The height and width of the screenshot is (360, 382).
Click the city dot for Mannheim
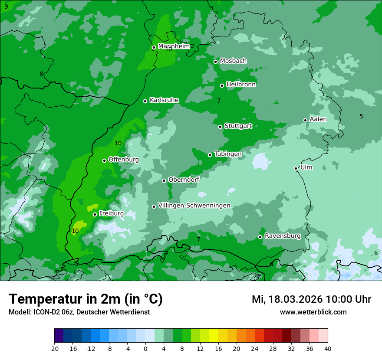click(x=154, y=48)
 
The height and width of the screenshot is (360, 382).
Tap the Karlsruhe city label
click(x=164, y=100)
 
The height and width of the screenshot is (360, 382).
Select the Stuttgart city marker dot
click(x=221, y=127)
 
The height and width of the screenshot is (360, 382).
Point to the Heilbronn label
click(x=241, y=85)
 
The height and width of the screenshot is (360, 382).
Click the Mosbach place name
click(x=233, y=61)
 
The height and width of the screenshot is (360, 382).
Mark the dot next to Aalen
click(x=306, y=120)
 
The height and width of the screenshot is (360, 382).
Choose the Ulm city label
click(x=306, y=167)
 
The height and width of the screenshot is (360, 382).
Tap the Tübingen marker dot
click(x=210, y=155)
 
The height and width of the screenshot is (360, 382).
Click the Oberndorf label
click(x=184, y=180)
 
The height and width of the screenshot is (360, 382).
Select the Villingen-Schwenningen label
click(x=194, y=206)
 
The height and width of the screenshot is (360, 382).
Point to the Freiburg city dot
click(x=95, y=214)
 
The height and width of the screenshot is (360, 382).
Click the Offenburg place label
click(x=124, y=160)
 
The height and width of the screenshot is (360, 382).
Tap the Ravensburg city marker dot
click(x=260, y=237)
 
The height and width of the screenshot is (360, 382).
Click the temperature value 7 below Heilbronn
click(x=219, y=101)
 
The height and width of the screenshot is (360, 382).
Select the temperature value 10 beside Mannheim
click(x=168, y=49)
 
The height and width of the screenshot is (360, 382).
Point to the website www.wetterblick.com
click(x=313, y=312)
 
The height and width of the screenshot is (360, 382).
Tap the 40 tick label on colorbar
click(x=328, y=349)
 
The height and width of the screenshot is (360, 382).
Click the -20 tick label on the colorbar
click(x=54, y=349)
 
